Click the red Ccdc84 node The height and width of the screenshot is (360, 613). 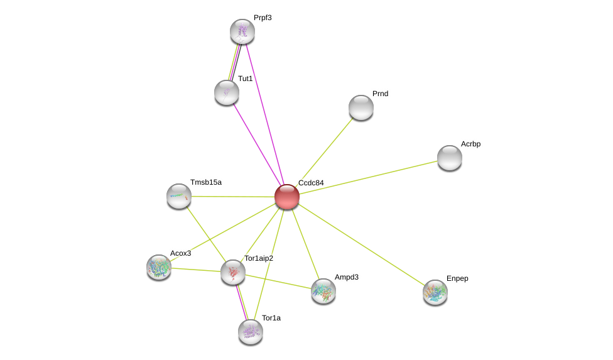287,197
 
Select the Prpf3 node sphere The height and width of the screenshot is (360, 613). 242,31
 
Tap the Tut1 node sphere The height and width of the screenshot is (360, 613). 227,92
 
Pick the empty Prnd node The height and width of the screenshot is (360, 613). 361,107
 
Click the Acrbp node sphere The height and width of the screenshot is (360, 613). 450,158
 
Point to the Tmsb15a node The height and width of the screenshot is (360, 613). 179,196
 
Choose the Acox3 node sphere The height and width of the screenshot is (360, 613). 159,268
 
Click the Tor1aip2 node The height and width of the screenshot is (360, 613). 233,272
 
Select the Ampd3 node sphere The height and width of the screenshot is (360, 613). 323,292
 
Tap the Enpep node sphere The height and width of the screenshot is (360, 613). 435,292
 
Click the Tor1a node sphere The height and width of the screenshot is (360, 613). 251,332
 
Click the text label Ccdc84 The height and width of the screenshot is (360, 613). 311,183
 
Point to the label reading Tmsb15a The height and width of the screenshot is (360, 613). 206,182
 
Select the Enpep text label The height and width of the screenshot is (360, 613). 457,279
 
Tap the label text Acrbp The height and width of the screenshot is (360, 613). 470,144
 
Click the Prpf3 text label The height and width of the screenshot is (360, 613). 263,18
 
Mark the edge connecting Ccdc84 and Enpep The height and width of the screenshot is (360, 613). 361,244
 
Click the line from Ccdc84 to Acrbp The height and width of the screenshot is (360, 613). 368,177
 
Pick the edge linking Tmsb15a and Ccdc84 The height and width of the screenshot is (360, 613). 233,197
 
